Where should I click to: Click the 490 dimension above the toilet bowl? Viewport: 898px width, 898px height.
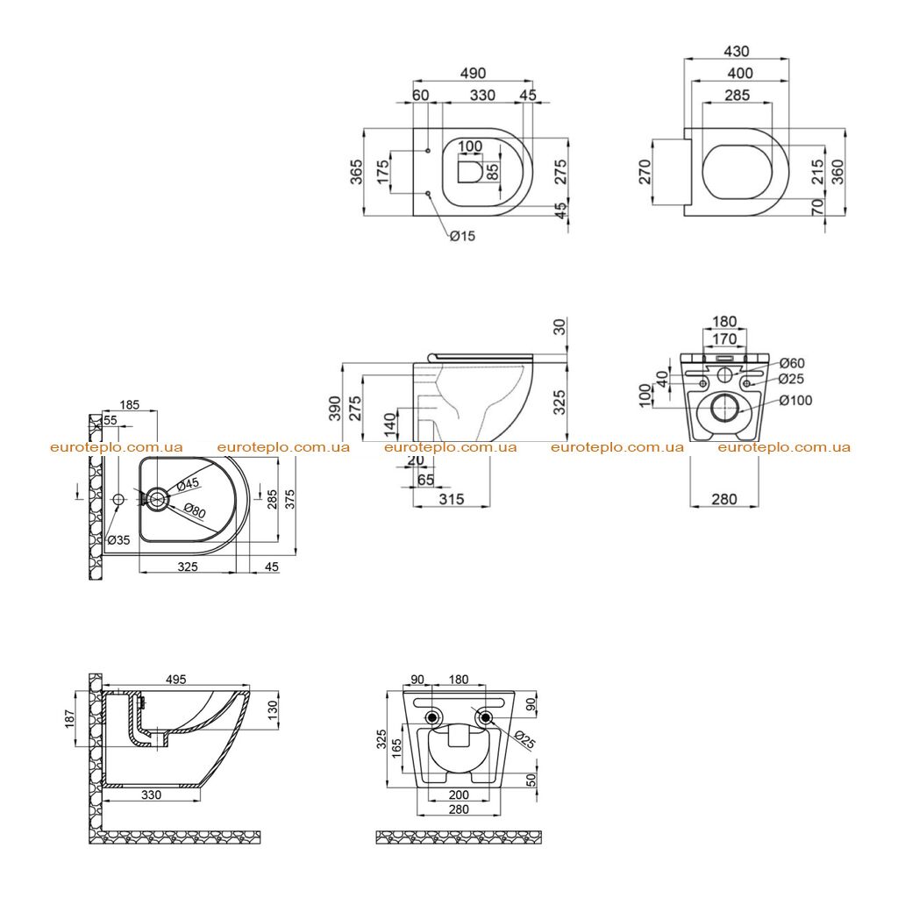click(x=473, y=74)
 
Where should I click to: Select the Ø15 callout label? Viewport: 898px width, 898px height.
click(x=462, y=236)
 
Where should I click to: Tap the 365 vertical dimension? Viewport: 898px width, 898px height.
click(x=356, y=172)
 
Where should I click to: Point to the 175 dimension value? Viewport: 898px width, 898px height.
click(x=382, y=172)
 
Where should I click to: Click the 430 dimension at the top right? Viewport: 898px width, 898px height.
click(x=737, y=52)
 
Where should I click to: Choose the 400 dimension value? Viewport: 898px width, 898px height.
click(x=740, y=74)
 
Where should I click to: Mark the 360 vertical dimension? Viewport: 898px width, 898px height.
click(x=837, y=172)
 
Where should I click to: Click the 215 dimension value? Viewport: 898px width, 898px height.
click(x=818, y=172)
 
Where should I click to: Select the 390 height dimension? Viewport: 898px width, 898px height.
click(x=335, y=409)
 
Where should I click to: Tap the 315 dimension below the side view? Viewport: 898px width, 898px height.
click(x=452, y=499)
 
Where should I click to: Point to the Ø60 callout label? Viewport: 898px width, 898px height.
click(x=792, y=363)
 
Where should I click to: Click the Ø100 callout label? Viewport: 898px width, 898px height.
click(x=796, y=400)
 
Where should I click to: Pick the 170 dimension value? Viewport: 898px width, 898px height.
click(x=724, y=339)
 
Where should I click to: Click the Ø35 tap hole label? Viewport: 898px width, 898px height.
click(x=118, y=539)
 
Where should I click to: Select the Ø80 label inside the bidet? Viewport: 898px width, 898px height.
click(x=196, y=509)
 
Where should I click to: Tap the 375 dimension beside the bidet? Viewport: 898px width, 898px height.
click(x=290, y=499)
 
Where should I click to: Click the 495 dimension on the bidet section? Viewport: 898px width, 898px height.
click(x=175, y=680)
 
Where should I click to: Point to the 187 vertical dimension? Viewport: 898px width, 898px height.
click(x=70, y=719)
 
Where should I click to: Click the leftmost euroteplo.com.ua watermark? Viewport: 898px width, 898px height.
click(x=117, y=447)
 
